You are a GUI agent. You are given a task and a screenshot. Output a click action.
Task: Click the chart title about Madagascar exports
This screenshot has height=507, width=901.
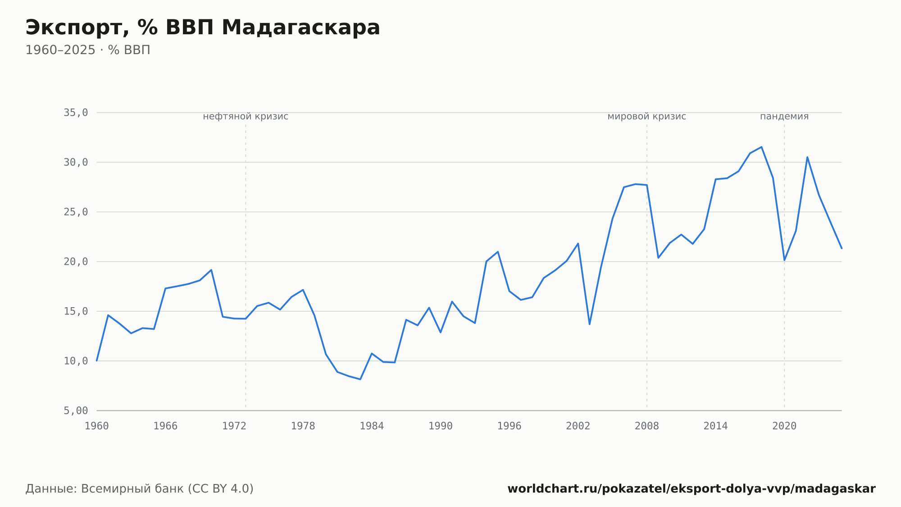[x=203, y=28]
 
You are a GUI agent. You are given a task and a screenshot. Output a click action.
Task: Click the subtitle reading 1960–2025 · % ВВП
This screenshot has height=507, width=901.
[x=88, y=50]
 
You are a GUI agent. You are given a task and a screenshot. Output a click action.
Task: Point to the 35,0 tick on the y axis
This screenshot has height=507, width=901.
[x=76, y=113]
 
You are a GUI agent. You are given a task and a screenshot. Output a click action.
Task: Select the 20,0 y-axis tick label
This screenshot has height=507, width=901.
[x=76, y=262]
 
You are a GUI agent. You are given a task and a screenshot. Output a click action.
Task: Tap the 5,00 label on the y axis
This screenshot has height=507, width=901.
[x=76, y=410]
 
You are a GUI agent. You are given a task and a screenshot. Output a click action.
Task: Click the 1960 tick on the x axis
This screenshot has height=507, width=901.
[x=97, y=426]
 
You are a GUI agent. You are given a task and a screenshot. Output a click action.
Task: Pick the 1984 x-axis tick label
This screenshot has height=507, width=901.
[x=372, y=426]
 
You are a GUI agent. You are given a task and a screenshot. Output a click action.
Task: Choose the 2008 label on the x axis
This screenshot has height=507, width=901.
[x=647, y=426]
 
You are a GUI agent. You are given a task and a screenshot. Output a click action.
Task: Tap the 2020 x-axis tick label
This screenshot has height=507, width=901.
[x=784, y=426]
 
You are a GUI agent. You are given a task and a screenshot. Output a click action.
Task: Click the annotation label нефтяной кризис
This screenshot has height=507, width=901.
[x=246, y=116]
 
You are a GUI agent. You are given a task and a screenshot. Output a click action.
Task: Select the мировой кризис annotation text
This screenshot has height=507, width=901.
[x=647, y=116]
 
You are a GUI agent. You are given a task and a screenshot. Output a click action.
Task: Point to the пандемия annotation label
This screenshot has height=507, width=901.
[x=784, y=116]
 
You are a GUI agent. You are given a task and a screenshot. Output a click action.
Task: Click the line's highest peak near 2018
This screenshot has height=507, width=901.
[x=761, y=147]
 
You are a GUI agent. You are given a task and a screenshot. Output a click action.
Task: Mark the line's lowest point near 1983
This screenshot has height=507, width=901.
[x=360, y=379]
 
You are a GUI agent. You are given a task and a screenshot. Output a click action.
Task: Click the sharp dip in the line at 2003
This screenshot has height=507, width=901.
[x=589, y=324]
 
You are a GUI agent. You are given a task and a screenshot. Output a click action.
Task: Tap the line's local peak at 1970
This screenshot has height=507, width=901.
[x=211, y=270]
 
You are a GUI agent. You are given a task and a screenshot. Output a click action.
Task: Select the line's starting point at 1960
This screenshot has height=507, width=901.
[x=97, y=361]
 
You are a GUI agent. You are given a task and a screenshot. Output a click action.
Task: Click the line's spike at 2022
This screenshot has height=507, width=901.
[x=807, y=157]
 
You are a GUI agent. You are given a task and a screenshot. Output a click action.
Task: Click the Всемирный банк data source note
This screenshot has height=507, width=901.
[x=139, y=489]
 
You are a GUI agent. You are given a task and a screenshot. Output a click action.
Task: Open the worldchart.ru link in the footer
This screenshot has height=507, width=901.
[x=692, y=489]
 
